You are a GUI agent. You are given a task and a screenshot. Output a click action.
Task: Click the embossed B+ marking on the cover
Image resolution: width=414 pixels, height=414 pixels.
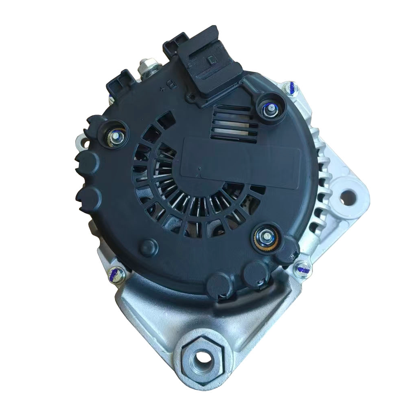point(170,86)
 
